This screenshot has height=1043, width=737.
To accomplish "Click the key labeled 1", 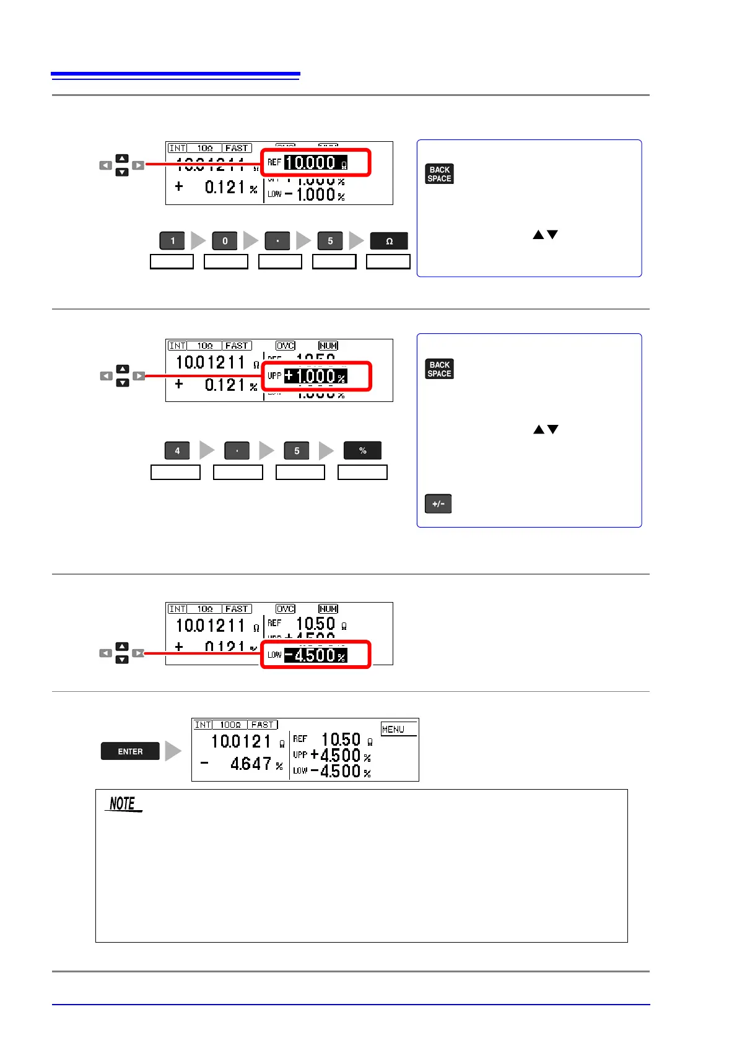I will click(x=172, y=241).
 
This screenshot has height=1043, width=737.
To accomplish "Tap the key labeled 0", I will click(x=225, y=241).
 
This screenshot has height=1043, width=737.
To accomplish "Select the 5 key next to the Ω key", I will click(x=330, y=241).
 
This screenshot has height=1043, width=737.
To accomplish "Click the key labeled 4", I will click(x=177, y=450).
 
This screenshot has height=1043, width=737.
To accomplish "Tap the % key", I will click(x=363, y=450).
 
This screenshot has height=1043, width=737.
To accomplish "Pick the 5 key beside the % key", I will click(x=297, y=450).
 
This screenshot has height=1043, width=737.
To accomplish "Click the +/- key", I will click(x=438, y=504).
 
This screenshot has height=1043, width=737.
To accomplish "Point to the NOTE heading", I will click(x=123, y=804).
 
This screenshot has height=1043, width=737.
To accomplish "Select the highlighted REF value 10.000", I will click(x=315, y=163).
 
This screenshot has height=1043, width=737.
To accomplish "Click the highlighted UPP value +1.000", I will click(x=315, y=376).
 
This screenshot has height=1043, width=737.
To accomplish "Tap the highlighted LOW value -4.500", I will click(x=315, y=655).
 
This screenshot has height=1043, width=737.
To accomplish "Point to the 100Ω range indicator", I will click(x=230, y=725).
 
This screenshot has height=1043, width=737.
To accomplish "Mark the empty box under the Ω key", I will click(x=388, y=261).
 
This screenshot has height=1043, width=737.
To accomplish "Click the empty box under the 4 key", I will click(x=176, y=473).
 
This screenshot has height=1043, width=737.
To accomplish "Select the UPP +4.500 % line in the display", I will click(x=333, y=756).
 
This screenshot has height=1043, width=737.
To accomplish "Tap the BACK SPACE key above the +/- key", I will click(x=439, y=369).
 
